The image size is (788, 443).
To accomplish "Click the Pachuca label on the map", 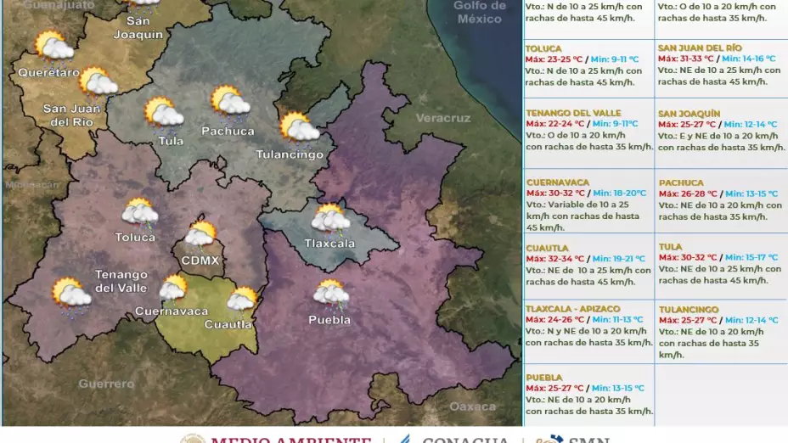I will point(228,131).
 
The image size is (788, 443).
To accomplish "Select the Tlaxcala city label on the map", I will point(329,244).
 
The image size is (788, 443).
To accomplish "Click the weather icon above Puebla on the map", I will point(330,294).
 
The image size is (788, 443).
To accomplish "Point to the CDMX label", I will point(201,258).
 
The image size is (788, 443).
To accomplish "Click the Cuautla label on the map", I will point(228,324).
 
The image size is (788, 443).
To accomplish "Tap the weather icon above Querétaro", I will point(53,46).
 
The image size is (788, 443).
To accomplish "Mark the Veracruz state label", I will point(442,118).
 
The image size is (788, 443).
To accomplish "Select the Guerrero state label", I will point(106,384).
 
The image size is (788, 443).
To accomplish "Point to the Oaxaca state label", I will point(472,407).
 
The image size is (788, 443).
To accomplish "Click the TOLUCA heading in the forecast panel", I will point(543,48).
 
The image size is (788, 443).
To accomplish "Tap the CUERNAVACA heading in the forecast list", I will point(557,182).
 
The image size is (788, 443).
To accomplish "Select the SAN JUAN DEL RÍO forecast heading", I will point(700,48).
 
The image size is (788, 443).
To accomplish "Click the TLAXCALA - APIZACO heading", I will point(572,309).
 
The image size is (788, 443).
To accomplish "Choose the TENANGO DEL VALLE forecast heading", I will point(573,113).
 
